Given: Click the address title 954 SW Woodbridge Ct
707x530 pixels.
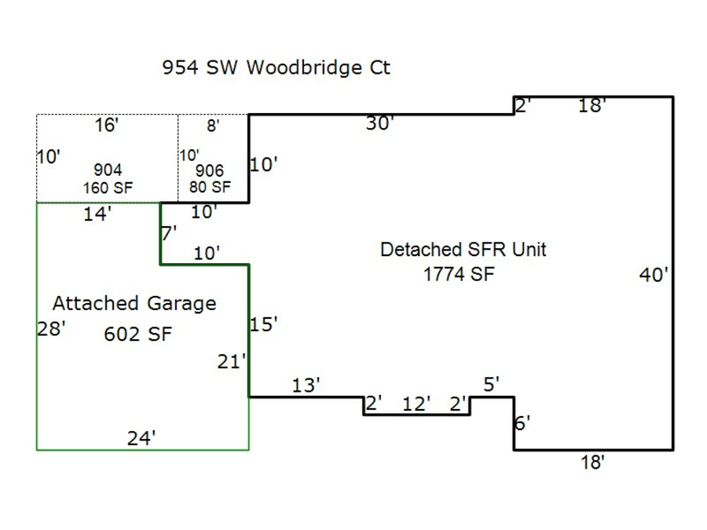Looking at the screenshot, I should [276, 68].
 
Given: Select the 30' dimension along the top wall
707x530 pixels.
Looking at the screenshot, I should [379, 123].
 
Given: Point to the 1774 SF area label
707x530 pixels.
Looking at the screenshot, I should [460, 274].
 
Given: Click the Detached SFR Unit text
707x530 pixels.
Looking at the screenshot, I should [463, 250].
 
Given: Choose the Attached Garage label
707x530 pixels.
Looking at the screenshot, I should [134, 303].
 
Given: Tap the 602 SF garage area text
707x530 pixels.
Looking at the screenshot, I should [138, 334].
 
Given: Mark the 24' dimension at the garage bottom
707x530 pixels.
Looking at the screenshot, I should [141, 438].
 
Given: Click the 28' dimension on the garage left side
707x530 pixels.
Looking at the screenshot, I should [50, 328].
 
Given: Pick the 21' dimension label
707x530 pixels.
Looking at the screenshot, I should [233, 362].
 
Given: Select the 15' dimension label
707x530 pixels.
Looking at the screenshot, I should [264, 324].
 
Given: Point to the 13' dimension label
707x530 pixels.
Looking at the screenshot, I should [306, 385].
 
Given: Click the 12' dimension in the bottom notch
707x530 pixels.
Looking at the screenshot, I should [416, 404].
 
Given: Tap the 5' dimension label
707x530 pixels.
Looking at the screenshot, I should [492, 384].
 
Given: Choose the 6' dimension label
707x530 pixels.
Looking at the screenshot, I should [522, 422].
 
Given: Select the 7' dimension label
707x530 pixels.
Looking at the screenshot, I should [169, 232].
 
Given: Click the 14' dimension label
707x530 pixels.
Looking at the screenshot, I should [97, 214].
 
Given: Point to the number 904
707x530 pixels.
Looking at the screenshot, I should [108, 170].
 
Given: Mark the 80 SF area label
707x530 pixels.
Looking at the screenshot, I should [210, 187].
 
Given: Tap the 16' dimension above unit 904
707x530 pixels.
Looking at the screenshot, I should [106, 125].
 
